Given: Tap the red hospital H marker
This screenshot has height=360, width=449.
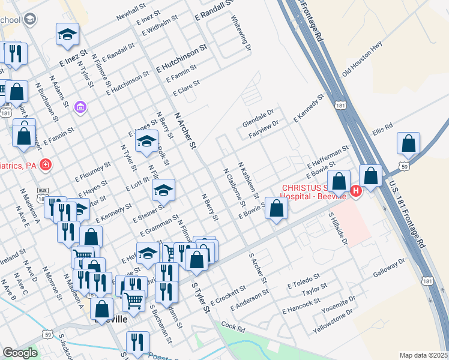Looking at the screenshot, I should (x=355, y=191).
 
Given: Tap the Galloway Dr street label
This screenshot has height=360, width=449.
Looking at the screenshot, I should (x=389, y=268).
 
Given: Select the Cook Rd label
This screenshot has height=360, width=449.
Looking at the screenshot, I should (x=233, y=327).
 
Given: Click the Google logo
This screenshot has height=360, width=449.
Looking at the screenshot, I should (x=20, y=353).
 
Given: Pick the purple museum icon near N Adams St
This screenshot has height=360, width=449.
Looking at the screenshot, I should (x=80, y=107).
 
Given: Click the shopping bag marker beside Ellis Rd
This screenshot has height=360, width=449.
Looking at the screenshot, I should (x=408, y=144).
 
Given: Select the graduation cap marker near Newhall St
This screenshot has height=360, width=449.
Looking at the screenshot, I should (x=68, y=34).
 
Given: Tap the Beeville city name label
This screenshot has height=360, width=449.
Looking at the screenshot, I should (x=111, y=320).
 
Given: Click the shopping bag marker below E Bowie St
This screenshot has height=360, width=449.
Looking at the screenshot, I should (x=276, y=209).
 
